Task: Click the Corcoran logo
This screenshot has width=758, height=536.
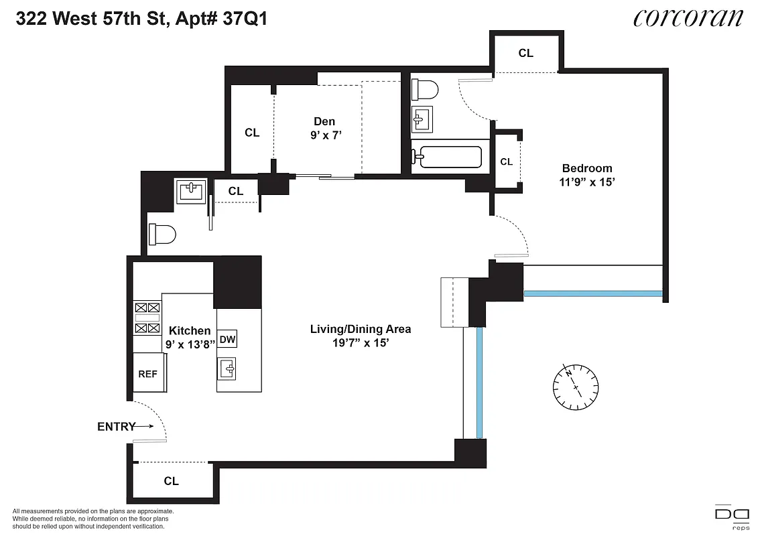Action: click(688, 18)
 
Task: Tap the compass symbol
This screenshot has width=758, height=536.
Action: click(576, 388)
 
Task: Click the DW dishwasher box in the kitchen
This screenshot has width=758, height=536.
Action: click(228, 339)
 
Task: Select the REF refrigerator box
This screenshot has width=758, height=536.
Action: click(148, 373)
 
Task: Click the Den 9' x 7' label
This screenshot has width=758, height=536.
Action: click(324, 128)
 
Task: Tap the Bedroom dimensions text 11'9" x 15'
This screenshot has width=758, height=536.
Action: click(587, 181)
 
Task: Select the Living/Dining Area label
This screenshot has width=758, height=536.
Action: click(360, 329)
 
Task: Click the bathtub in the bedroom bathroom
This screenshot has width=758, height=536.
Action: click(446, 158)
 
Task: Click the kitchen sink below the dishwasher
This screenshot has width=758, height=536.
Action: click(228, 368)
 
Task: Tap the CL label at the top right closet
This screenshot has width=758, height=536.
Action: click(526, 53)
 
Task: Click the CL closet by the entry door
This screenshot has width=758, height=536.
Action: click(172, 481)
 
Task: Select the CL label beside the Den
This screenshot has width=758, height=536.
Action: click(252, 133)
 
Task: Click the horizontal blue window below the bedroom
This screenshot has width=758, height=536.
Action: click(592, 293)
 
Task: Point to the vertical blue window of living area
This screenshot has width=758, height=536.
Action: click(480, 382)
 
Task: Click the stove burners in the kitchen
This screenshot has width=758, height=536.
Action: click(147, 318)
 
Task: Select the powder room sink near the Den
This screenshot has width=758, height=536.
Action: click(190, 192)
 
